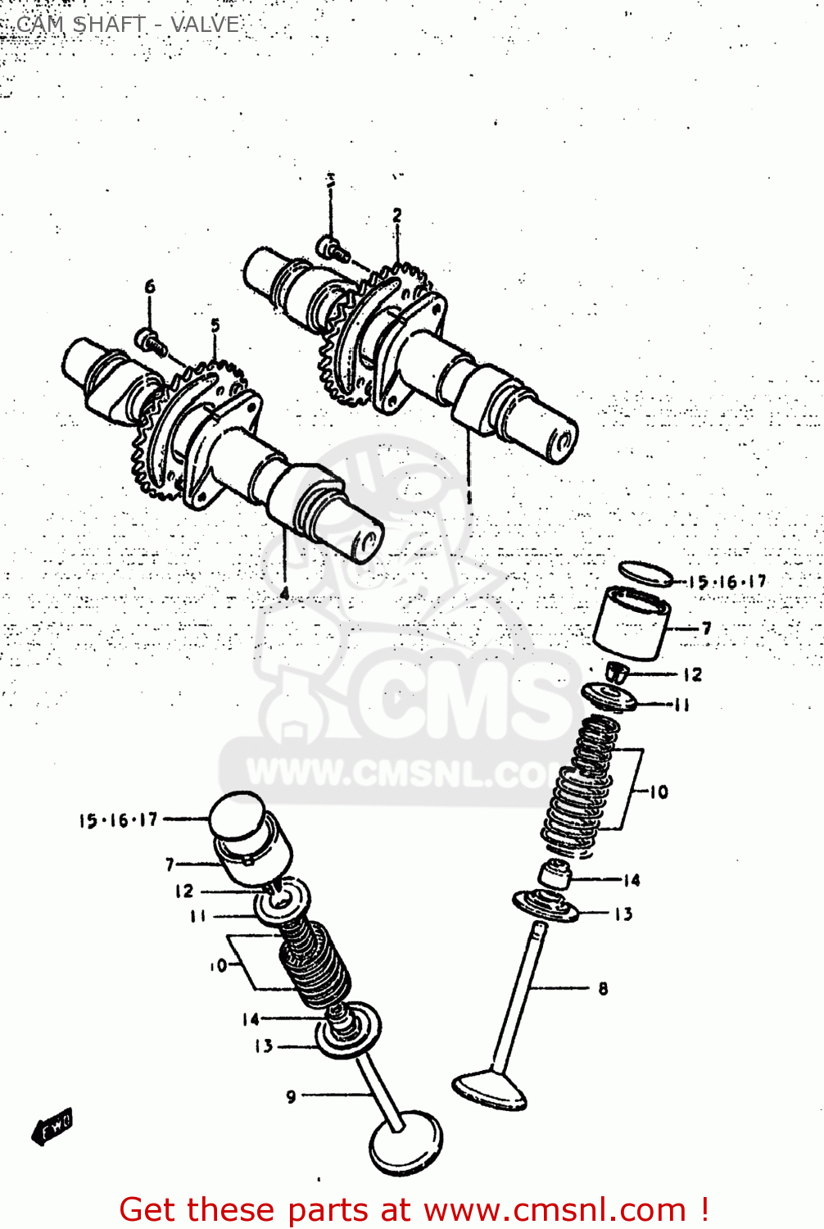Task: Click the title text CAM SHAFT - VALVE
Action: (x=128, y=25)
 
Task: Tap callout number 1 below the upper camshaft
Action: (x=469, y=497)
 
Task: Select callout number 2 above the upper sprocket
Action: (x=397, y=215)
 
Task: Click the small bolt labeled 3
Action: (x=328, y=245)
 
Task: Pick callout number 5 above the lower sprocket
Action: (x=215, y=325)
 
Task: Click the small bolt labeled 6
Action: (x=147, y=338)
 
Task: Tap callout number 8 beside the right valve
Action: (x=603, y=988)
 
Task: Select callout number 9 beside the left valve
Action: (x=291, y=1096)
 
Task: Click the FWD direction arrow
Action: (x=52, y=1128)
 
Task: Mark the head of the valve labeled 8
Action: (x=490, y=1089)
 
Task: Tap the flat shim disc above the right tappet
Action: (x=645, y=573)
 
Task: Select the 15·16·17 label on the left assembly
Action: (x=118, y=820)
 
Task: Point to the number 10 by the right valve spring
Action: (x=659, y=791)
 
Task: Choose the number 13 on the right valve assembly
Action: (x=623, y=914)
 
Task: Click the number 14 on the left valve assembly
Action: (x=251, y=1018)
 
